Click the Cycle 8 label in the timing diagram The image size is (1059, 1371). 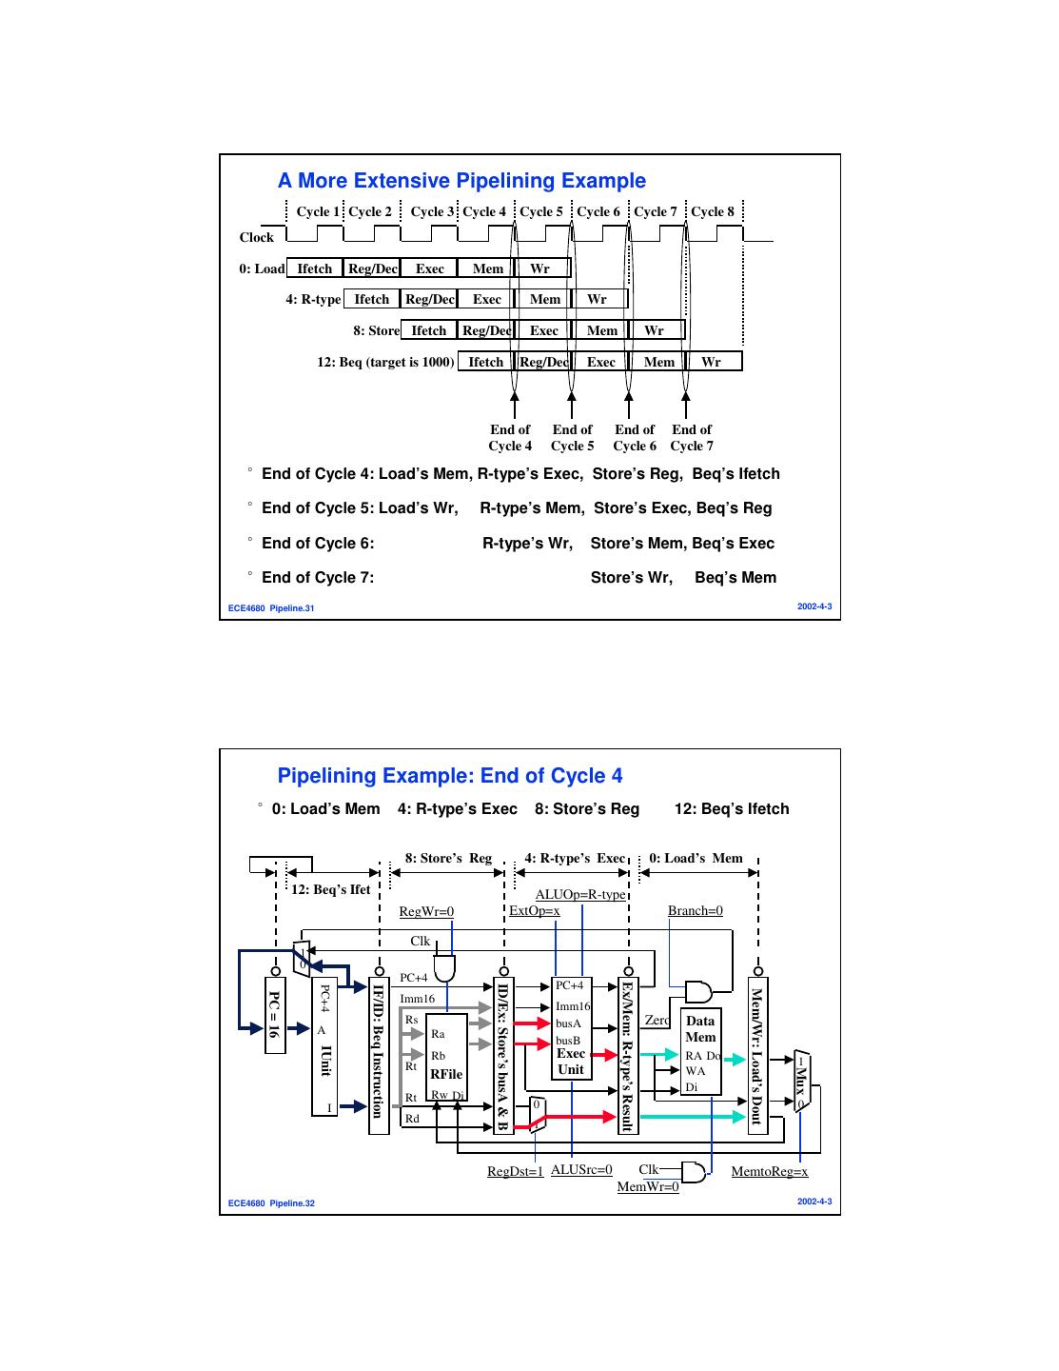pos(713,211)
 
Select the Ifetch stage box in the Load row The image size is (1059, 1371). pos(315,268)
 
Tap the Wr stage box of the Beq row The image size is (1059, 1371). pos(712,362)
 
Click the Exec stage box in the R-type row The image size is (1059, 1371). pos(486,299)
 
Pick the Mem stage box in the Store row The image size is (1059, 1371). pos(601,330)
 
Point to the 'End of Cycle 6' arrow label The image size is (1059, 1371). pos(635,438)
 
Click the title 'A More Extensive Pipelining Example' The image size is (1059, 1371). pos(461,181)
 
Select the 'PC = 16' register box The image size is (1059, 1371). pos(274,1014)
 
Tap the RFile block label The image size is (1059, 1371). pos(446,1074)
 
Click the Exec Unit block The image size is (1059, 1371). pos(571,1062)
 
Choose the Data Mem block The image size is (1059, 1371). pos(700,1029)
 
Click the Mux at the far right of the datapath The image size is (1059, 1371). pos(801,1081)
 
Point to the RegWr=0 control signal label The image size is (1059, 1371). pos(426,912)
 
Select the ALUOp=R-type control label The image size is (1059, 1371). pos(580,895)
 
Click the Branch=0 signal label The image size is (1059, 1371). pos(696,911)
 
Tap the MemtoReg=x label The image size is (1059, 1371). pos(769,1172)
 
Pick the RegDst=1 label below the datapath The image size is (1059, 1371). pos(515,1172)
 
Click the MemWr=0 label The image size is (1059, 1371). pos(648,1187)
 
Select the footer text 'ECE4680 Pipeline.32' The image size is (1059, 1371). pos(272,1203)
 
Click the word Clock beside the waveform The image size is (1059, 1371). pos(256,238)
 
